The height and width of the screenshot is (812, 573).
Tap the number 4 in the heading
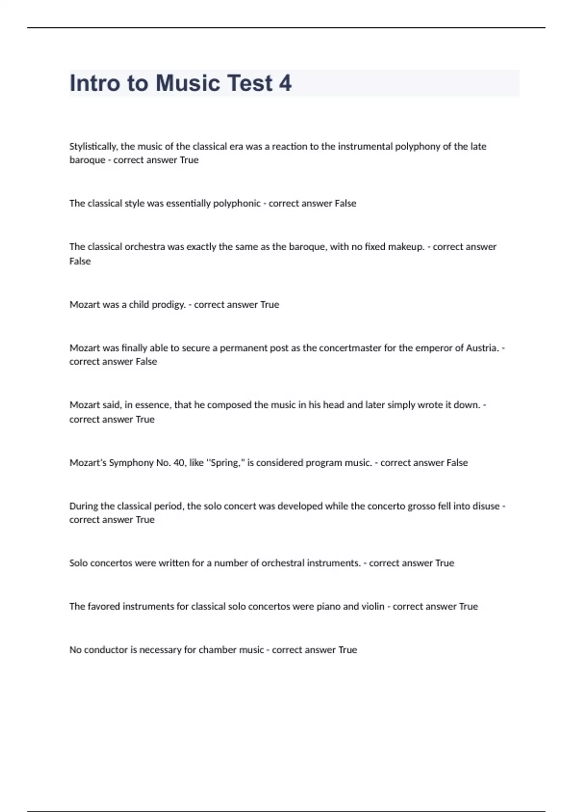pos(285,83)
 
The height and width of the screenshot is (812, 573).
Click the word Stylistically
pos(93,147)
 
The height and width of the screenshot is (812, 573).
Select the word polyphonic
pos(236,203)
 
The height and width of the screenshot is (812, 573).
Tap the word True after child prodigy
pos(269,305)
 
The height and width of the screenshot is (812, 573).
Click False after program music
pos(457,463)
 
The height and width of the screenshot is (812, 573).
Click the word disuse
pos(486,506)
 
